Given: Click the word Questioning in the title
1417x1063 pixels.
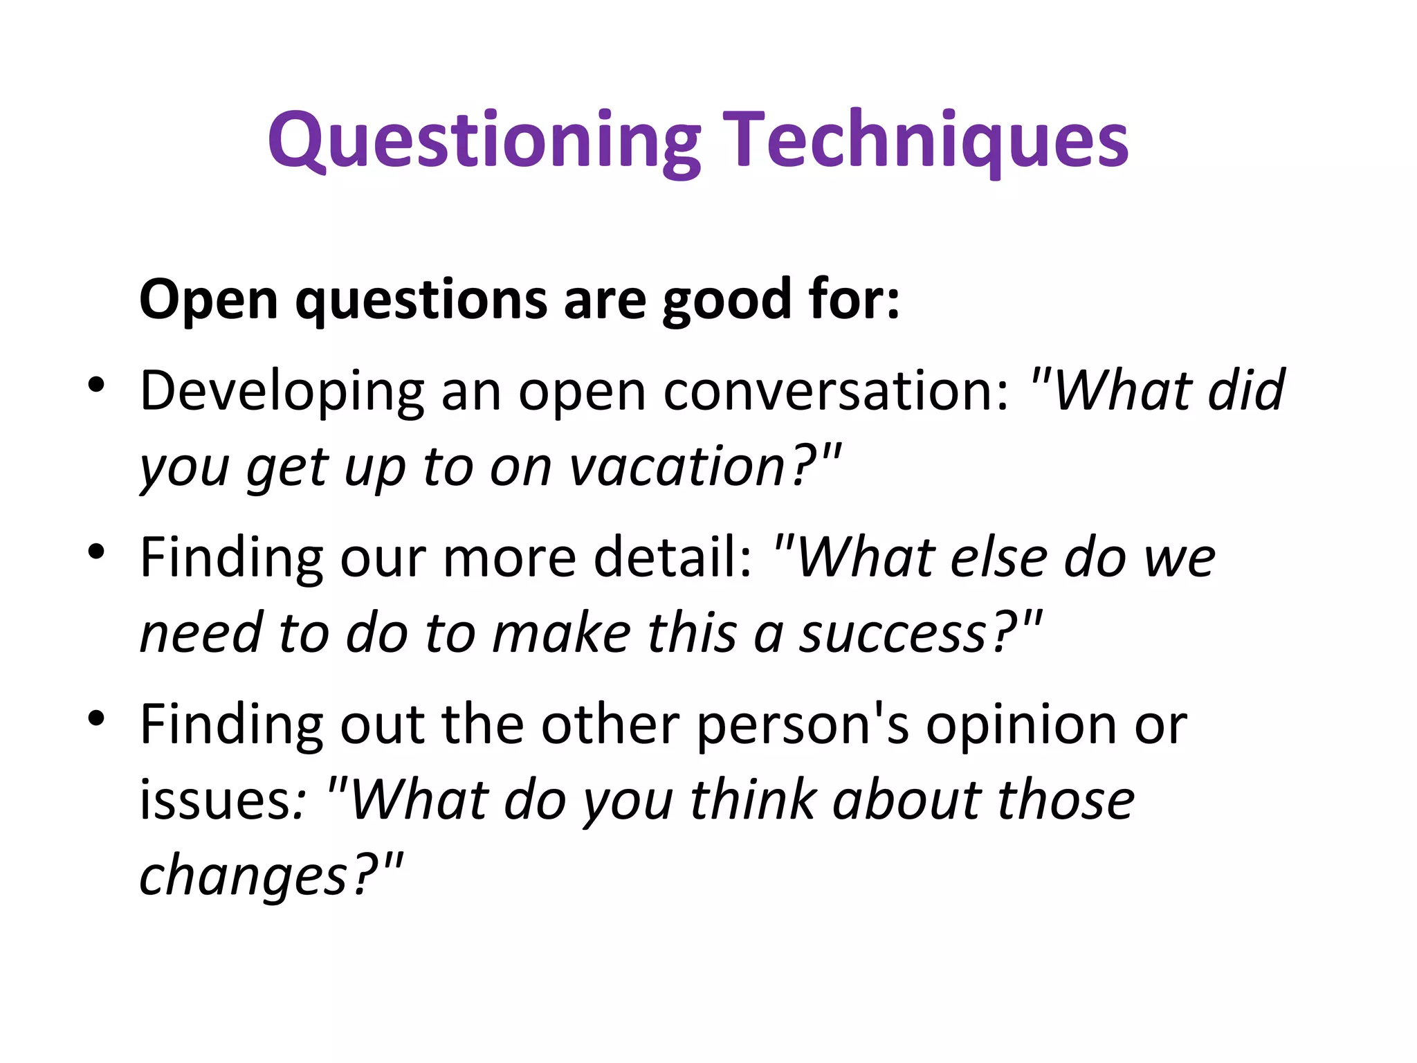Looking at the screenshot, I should (484, 142).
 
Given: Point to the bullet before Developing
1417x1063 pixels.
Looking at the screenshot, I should (96, 385).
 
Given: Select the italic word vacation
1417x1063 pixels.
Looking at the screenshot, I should (677, 468).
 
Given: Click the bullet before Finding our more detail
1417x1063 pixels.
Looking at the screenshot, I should (96, 552).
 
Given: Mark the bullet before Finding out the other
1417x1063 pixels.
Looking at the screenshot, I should (96, 718).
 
